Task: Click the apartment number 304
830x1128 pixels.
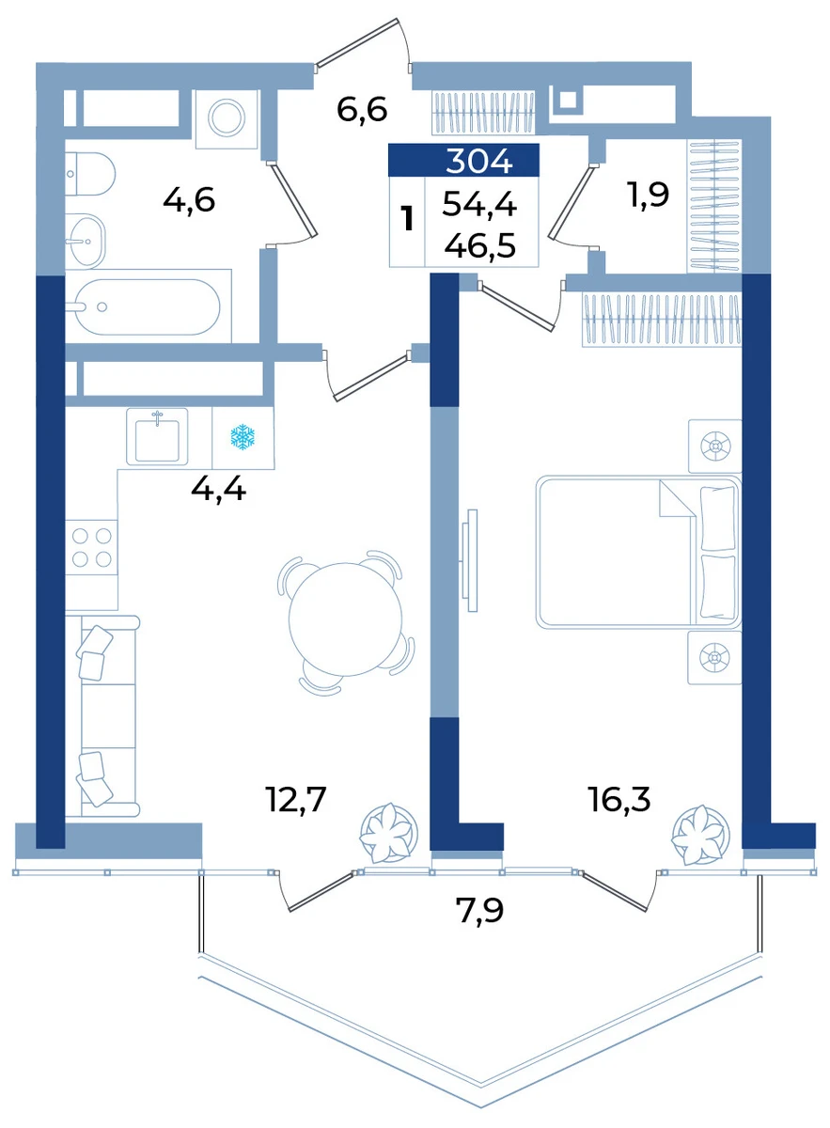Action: point(478,162)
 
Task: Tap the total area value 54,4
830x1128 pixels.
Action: point(479,205)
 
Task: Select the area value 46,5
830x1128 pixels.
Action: point(480,245)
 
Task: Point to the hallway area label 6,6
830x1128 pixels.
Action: point(362,110)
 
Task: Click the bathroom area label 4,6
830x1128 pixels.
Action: point(189,199)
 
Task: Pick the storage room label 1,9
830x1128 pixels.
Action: point(648,194)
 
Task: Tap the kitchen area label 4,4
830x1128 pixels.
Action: point(218,489)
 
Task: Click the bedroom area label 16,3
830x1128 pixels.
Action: point(619,799)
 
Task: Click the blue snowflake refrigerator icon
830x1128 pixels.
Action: point(243,436)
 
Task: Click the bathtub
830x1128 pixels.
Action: point(149,306)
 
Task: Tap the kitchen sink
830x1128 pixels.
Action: point(157,436)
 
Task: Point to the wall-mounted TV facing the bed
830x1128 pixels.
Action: point(470,560)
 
